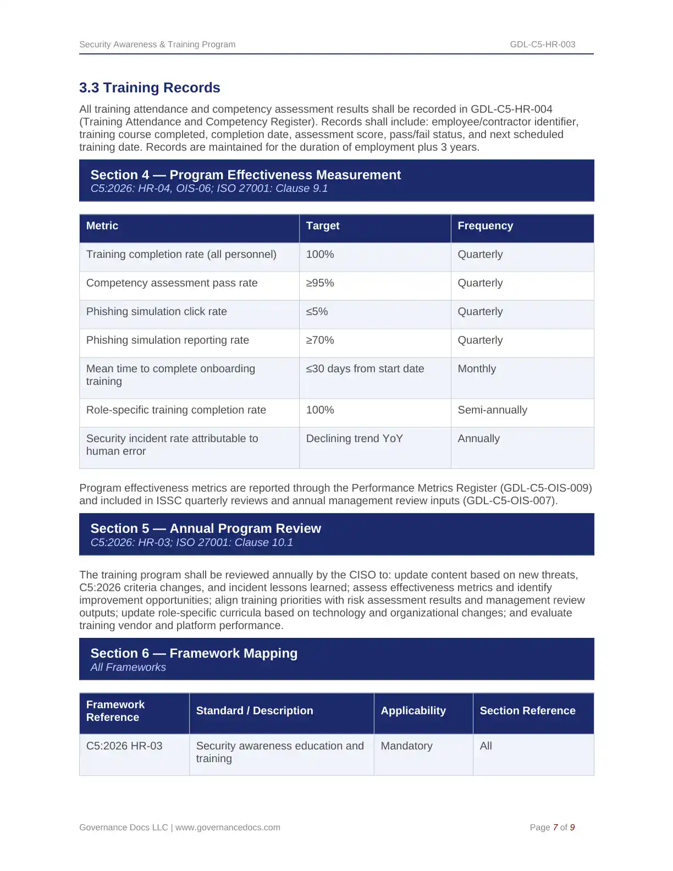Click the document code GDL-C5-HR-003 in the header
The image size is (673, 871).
point(542,45)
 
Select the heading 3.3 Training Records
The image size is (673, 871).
point(150,88)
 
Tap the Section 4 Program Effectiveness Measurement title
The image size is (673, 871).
point(245,175)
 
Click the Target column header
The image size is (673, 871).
point(323,226)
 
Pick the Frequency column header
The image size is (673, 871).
point(485,226)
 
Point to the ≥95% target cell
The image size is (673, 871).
point(320,283)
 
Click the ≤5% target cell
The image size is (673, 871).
point(317,312)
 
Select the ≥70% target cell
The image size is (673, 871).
point(320,340)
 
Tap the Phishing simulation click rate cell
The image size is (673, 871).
point(156,312)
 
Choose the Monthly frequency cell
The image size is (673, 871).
point(477,369)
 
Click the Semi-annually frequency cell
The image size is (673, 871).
point(492,410)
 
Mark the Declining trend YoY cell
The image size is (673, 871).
point(354,439)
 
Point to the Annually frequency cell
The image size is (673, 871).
point(478,439)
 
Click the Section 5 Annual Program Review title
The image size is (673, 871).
point(206,528)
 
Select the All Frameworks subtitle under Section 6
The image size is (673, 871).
point(128,668)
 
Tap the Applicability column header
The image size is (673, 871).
point(413,711)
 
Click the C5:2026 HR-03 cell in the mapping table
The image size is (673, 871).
point(124,746)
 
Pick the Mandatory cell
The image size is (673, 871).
point(406,746)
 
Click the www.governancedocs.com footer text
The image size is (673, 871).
point(228,828)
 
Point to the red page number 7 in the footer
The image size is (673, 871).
point(555,828)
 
